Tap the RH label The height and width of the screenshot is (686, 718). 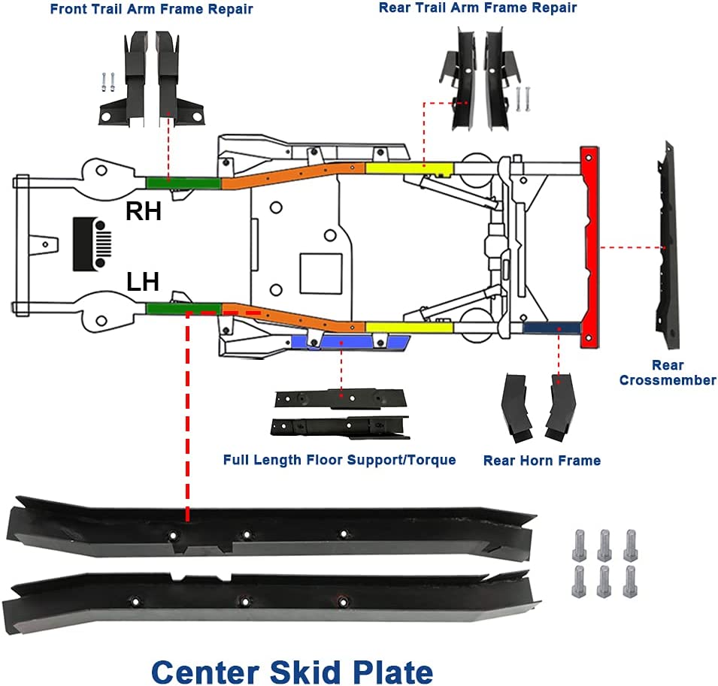[143, 212]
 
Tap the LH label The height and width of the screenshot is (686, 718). [143, 283]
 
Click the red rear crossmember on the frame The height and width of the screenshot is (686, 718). [590, 246]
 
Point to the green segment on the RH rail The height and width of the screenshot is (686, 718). [183, 183]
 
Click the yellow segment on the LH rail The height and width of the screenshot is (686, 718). [408, 327]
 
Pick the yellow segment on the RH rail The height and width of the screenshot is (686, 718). [408, 167]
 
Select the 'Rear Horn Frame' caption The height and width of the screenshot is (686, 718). [541, 461]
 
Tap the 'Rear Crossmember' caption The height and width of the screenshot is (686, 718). [668, 373]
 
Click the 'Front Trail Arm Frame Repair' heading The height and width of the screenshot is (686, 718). [151, 10]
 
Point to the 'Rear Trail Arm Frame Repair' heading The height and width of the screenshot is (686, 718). [477, 8]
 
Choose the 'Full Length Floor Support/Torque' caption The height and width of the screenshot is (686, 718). [339, 460]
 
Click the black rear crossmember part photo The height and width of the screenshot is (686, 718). [665, 244]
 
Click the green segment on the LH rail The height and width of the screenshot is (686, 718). [183, 308]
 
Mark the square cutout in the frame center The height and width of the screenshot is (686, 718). [321, 273]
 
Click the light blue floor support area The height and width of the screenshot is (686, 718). [350, 342]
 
